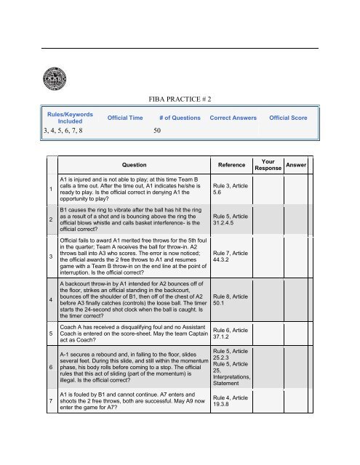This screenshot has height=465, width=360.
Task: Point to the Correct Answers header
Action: [235, 117]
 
